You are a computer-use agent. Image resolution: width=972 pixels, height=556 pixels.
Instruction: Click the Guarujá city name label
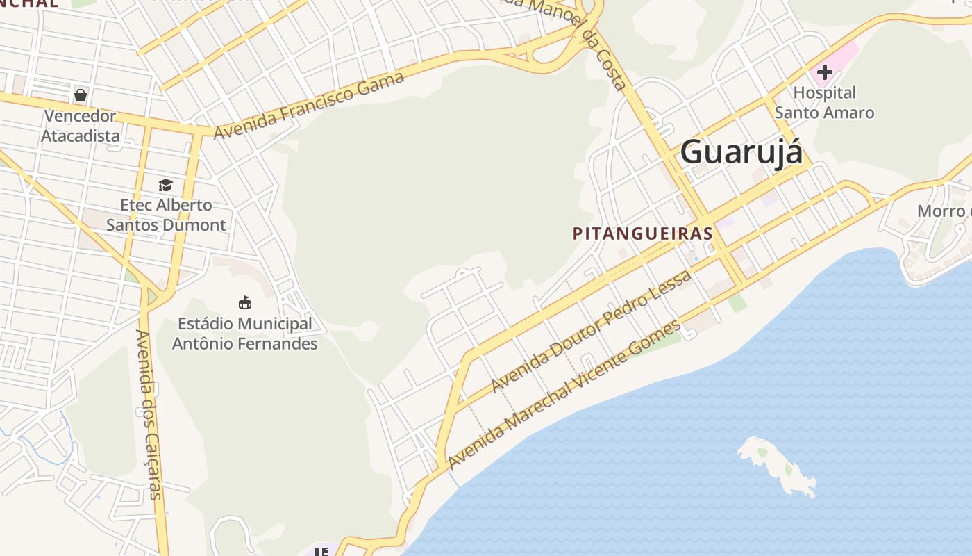[x=741, y=152]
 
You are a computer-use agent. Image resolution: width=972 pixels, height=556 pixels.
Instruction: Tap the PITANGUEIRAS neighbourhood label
[x=643, y=234]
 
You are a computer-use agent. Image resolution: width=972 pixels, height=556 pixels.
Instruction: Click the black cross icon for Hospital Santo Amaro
[x=825, y=72]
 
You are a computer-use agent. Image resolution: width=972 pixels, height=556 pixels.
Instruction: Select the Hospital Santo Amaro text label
[x=824, y=102]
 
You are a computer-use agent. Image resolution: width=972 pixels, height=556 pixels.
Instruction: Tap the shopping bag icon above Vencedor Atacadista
[x=81, y=95]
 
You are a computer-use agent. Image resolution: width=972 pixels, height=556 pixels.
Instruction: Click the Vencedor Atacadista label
[x=81, y=126]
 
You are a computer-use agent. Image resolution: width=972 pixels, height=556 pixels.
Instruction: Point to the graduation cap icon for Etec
[x=165, y=185]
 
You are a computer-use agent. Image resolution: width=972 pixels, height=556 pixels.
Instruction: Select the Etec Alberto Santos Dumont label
[x=166, y=215]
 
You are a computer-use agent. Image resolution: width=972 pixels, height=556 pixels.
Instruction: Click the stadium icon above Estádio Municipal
[x=245, y=302]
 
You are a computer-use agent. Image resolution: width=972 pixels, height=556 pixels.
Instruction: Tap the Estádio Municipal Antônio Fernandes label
[x=244, y=334]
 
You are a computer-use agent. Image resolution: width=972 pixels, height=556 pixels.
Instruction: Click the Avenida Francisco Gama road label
[x=310, y=105]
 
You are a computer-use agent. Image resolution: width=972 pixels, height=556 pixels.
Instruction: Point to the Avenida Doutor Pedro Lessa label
[x=592, y=331]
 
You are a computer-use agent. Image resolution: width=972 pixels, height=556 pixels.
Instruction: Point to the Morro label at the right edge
[x=943, y=211]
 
